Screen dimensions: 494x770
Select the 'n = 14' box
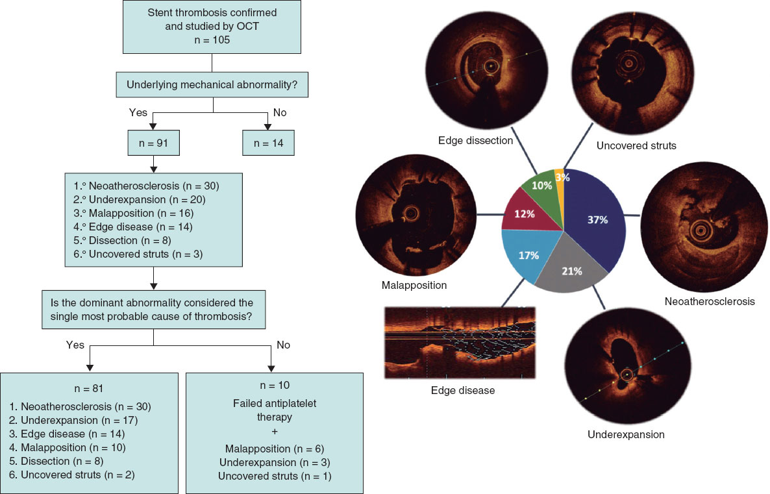[268, 143]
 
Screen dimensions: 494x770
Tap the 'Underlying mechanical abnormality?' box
[213, 85]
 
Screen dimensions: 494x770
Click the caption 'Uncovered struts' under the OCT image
[636, 145]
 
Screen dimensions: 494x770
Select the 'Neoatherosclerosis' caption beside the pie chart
[709, 301]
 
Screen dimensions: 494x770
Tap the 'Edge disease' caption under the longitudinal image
[463, 391]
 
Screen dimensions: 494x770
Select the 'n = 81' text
[89, 389]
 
